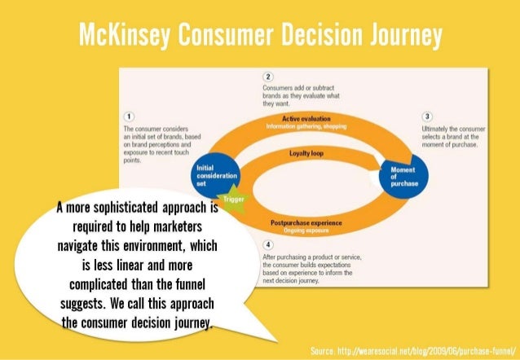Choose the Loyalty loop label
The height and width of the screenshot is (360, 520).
click(306, 153)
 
